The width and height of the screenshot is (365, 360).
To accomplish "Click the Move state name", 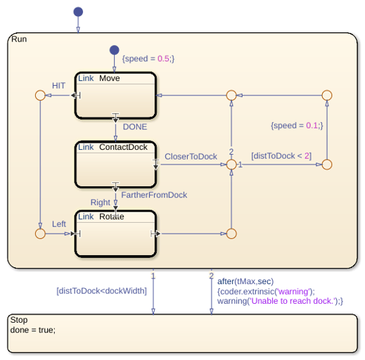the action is pyautogui.click(x=110, y=78).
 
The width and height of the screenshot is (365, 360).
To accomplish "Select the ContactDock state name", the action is pyautogui.click(x=123, y=147).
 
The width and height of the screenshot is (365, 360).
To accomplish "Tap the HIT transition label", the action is pyautogui.click(x=58, y=86).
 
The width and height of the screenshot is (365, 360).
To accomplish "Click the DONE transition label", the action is pyautogui.click(x=135, y=127).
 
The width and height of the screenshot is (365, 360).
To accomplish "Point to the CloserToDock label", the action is pyautogui.click(x=191, y=156).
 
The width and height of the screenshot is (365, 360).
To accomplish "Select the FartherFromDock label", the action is pyautogui.click(x=154, y=195).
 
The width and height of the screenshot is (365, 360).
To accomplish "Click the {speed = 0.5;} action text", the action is pyautogui.click(x=148, y=58).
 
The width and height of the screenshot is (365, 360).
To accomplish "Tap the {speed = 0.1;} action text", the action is pyautogui.click(x=297, y=125).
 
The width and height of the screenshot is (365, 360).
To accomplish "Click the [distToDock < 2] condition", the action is pyautogui.click(x=281, y=156).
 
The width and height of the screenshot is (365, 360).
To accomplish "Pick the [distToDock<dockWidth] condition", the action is pyautogui.click(x=101, y=291).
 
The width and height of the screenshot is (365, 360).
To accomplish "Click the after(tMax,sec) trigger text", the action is pyautogui.click(x=245, y=281).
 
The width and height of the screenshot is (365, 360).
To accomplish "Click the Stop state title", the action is pyautogui.click(x=19, y=320).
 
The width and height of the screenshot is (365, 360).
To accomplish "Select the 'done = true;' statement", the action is pyautogui.click(x=33, y=330).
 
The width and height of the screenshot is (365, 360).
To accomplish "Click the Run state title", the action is pyautogui.click(x=19, y=39).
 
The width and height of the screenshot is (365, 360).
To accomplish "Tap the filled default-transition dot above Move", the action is pyautogui.click(x=115, y=50).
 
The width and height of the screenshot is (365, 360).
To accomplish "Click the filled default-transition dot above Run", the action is pyautogui.click(x=78, y=12).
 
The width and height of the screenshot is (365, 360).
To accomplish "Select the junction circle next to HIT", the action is pyautogui.click(x=40, y=91).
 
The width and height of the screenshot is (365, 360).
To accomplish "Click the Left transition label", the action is pyautogui.click(x=59, y=224).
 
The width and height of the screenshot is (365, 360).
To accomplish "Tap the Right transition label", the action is pyautogui.click(x=101, y=202).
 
